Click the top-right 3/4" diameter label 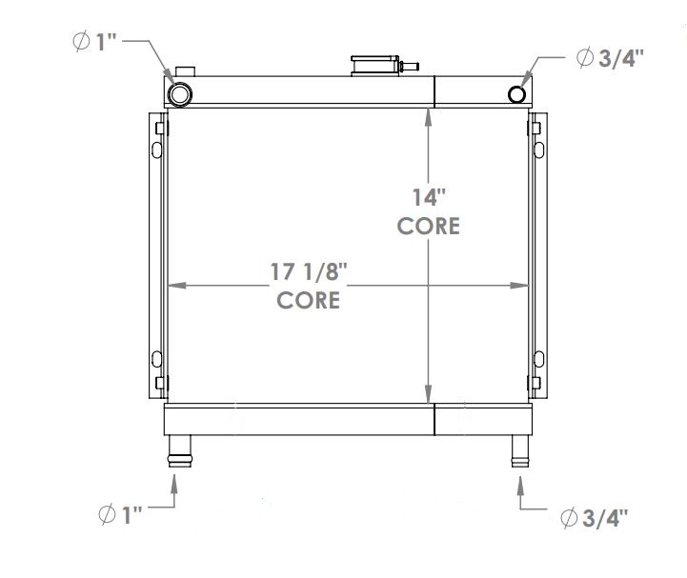tap(609, 57)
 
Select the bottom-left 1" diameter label tap(120, 515)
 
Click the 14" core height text tap(429, 211)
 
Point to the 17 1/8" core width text tap(309, 285)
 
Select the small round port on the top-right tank tap(517, 93)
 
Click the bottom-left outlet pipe tap(179, 450)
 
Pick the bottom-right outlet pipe tap(519, 450)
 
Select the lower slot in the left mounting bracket tap(155, 360)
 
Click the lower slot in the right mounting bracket tap(539, 360)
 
